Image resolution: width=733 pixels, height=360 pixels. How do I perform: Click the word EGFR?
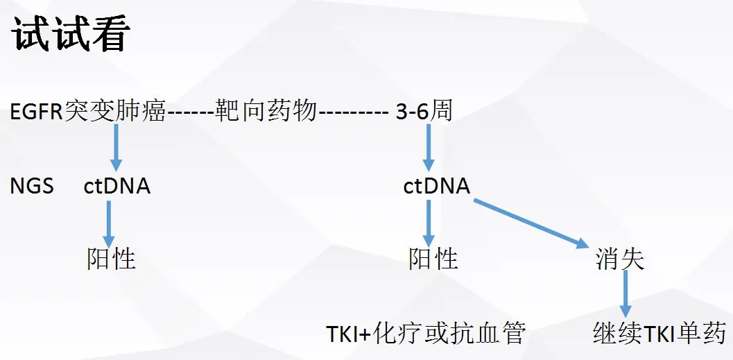click(37, 111)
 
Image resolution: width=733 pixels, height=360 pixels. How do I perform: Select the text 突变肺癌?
click(115, 110)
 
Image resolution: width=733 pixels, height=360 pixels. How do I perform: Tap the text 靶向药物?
click(266, 110)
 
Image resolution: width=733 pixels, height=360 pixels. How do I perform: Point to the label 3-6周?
click(424, 110)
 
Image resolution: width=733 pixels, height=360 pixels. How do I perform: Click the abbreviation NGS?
click(32, 186)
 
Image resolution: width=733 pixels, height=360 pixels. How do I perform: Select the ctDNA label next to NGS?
click(117, 186)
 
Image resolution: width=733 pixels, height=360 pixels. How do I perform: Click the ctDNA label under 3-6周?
click(437, 186)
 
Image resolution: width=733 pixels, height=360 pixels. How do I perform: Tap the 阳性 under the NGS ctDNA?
click(111, 259)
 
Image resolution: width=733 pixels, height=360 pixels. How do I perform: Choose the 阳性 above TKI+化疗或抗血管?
click(433, 259)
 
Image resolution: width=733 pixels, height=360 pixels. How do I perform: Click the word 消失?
click(620, 259)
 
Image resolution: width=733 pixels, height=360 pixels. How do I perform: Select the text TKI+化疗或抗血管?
click(426, 334)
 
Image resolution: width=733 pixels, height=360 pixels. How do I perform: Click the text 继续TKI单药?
click(659, 333)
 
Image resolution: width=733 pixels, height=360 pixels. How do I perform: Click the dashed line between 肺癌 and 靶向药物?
click(190, 112)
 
